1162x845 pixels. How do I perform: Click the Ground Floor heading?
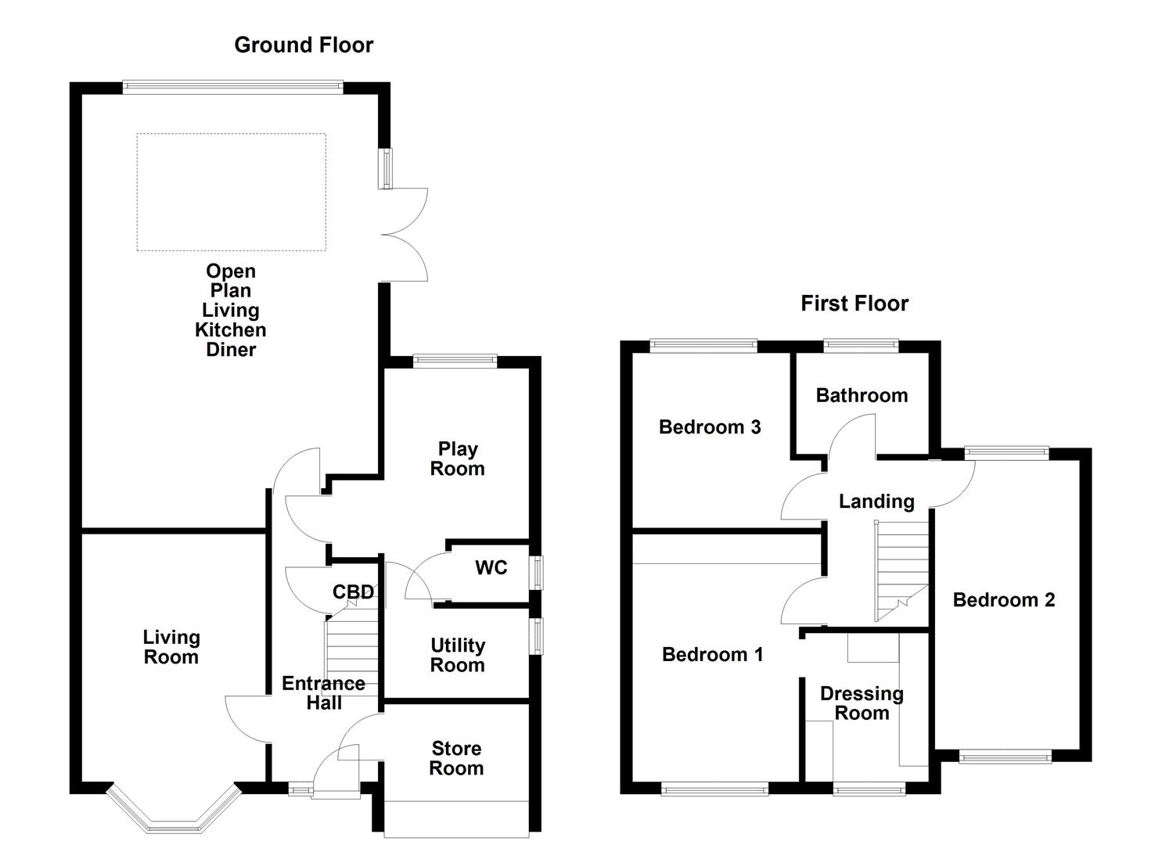(304, 45)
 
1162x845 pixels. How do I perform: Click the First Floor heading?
(854, 304)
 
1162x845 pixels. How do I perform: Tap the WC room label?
(491, 568)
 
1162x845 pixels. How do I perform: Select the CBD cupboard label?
(353, 592)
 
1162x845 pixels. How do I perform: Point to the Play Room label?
(457, 459)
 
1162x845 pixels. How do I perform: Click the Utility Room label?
(457, 656)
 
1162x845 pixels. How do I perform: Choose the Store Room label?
(456, 758)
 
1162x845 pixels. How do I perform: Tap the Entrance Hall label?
(323, 693)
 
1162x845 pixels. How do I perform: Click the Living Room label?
(171, 647)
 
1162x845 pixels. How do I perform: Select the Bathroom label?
(862, 396)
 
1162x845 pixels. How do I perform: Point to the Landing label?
(876, 502)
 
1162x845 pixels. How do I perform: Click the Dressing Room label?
(862, 703)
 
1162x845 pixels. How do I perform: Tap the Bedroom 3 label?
(710, 427)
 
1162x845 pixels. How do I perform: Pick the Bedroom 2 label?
(1003, 600)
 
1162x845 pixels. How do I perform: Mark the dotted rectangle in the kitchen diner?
(231, 192)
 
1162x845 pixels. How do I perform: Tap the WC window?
(537, 572)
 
